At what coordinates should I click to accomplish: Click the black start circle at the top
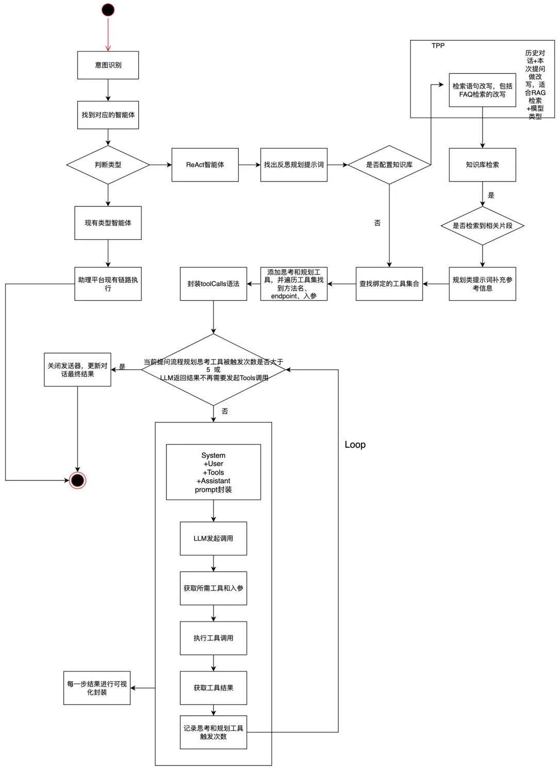tap(108, 10)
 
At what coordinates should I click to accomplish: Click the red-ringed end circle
tap(77, 480)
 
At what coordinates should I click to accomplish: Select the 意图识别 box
tap(108, 65)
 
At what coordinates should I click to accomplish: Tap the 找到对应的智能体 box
tap(108, 115)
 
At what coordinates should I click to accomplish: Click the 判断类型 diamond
tap(108, 165)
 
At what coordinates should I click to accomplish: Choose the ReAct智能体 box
tap(205, 165)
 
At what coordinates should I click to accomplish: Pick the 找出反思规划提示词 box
tap(293, 165)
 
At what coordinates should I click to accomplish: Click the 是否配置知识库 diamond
tap(389, 165)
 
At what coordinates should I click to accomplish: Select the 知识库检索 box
tap(482, 165)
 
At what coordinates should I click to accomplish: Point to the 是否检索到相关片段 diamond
tap(482, 225)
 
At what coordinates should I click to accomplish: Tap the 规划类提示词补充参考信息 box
tap(482, 284)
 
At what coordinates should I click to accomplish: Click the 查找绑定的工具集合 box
tap(389, 284)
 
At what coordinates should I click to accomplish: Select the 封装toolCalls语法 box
tap(213, 284)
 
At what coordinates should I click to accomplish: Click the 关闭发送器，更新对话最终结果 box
tap(77, 369)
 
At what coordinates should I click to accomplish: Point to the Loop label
tap(355, 445)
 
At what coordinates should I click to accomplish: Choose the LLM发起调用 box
tap(213, 538)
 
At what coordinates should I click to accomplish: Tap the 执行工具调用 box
tap(213, 638)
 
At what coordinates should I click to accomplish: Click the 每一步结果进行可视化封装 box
tap(96, 688)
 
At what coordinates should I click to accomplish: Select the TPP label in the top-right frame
tap(438, 46)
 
